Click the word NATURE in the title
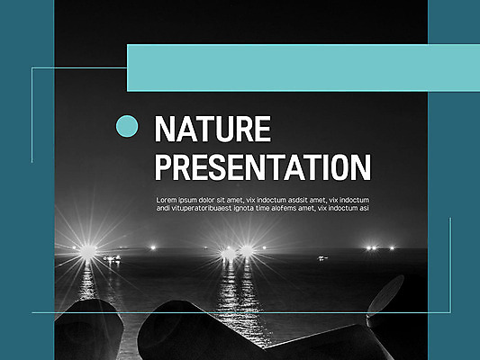pos(212,130)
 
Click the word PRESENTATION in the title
pos(262,167)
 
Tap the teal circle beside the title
pos(128,125)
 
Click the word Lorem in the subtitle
pos(168,200)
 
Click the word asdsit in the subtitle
pos(293,200)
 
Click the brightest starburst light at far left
pos(87,250)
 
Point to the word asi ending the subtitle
pos(365,208)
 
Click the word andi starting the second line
pos(163,208)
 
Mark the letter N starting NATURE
pos(162,130)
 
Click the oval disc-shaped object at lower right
pos(386,297)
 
